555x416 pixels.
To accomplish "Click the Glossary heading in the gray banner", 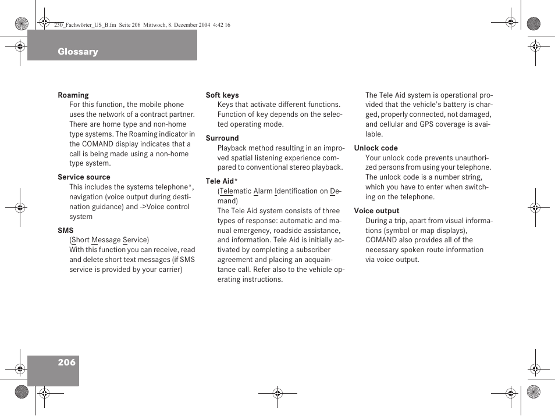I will (78, 52).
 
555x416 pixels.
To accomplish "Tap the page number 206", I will (67, 362).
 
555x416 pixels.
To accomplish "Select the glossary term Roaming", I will (73, 95).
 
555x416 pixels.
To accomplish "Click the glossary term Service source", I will (84, 177).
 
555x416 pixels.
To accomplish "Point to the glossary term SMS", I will (66, 231).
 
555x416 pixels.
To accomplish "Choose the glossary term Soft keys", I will (222, 95).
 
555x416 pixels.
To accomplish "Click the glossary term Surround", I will (222, 138).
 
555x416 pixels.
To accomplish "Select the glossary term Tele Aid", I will (220, 181).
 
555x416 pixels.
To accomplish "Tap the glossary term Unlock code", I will (376, 148).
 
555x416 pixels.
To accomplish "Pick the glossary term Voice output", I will (376, 211).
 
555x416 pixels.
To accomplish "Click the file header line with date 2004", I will (142, 25).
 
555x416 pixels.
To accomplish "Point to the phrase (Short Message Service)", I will (109, 240).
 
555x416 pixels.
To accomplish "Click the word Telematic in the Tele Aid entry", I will (235, 191).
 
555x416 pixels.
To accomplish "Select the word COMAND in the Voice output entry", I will (381, 240).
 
